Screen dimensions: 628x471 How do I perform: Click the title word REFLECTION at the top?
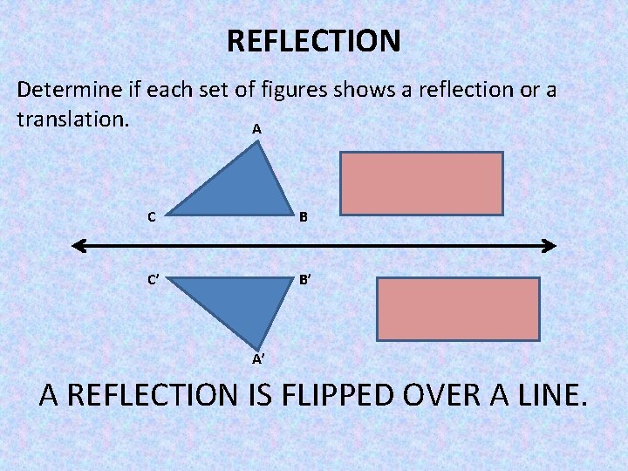313,41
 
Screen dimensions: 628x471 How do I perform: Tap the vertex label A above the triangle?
256,129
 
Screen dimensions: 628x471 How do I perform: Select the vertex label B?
304,217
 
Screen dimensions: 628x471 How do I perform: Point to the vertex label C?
152,217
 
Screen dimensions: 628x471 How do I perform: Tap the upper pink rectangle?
422,183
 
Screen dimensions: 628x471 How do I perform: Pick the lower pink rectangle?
458,307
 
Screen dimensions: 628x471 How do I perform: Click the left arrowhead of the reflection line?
78,247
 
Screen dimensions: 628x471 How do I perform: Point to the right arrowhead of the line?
549,247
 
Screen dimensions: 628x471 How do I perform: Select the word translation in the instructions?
73,118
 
